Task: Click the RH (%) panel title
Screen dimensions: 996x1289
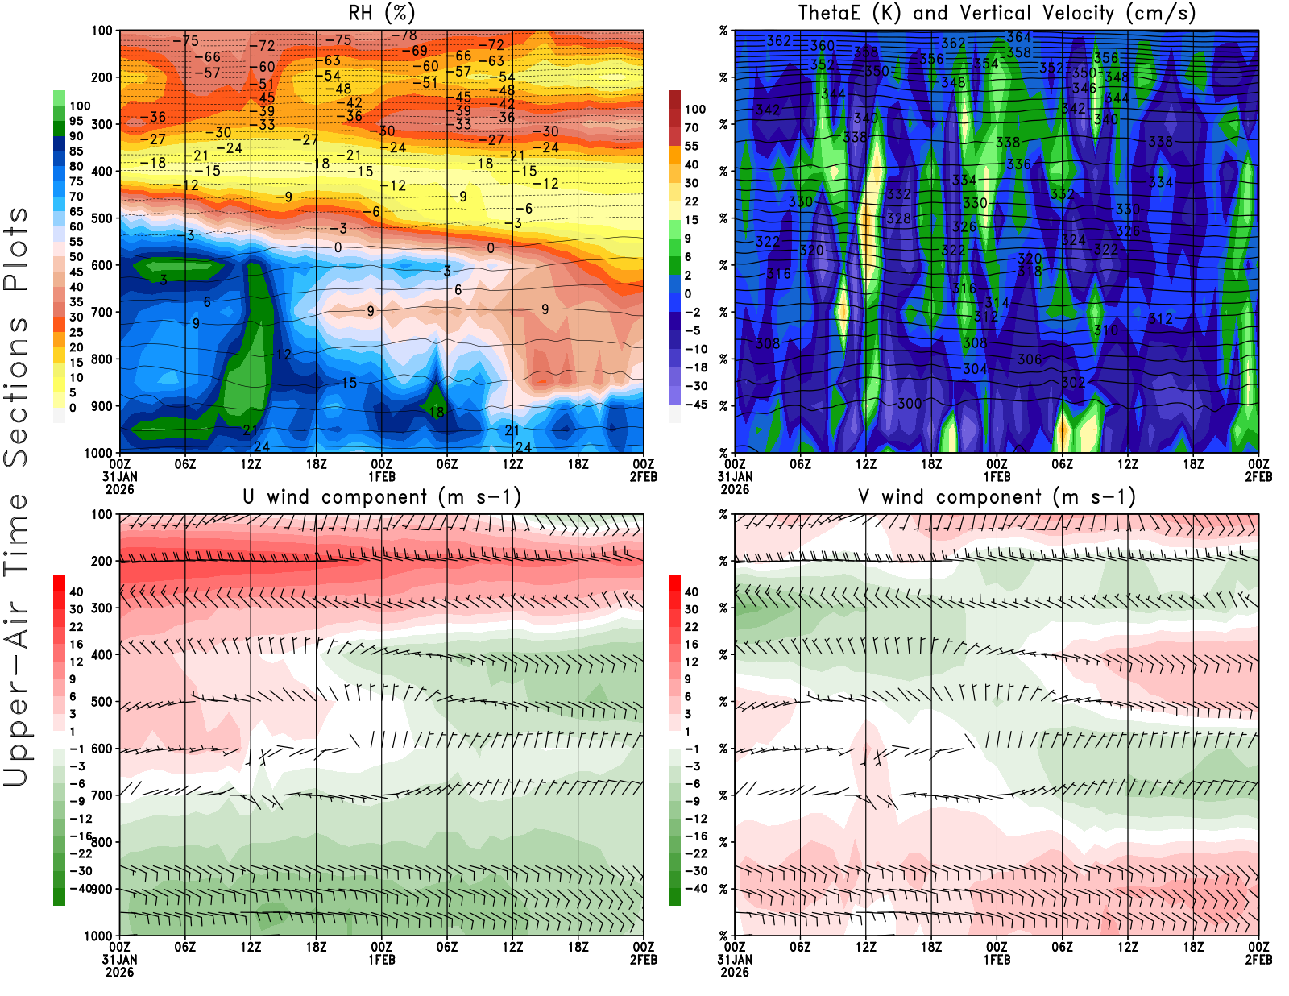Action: point(382,13)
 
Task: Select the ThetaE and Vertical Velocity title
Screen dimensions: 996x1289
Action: point(997,13)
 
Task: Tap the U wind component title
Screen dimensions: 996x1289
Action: point(382,496)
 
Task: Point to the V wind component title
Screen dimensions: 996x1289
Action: point(997,496)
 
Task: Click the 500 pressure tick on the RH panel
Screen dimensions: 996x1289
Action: point(102,218)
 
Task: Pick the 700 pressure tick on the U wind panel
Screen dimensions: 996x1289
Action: point(102,795)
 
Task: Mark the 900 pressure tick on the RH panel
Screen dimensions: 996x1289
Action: point(102,406)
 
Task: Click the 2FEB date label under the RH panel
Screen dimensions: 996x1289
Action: point(644,477)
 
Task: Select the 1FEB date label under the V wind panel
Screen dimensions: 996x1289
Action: point(997,960)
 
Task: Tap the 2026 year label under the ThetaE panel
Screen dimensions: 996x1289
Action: point(735,489)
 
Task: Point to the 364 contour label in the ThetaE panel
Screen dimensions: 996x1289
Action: point(1019,37)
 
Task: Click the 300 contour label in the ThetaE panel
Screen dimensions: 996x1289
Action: point(910,403)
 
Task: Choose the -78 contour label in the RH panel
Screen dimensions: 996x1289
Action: point(404,35)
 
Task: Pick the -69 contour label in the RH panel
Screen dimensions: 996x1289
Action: point(415,51)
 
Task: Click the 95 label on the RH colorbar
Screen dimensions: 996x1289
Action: point(77,121)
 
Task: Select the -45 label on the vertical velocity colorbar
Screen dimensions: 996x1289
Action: point(696,405)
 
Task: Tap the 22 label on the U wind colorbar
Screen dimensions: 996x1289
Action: point(77,627)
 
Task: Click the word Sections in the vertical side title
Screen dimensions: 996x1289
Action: point(16,391)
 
